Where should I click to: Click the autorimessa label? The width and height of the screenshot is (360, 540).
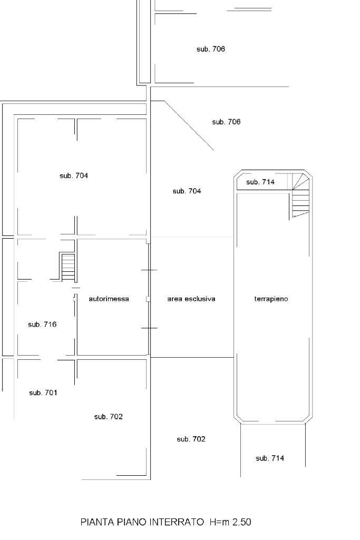(109, 299)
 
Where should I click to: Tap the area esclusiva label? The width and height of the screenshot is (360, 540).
(191, 299)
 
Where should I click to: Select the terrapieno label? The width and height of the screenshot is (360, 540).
(271, 299)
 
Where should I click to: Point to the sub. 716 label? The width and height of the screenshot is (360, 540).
(42, 325)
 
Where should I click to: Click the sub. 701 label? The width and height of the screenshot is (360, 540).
(43, 392)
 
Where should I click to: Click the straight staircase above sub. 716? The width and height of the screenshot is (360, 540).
(68, 267)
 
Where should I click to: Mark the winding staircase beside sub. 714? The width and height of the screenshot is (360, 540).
(301, 195)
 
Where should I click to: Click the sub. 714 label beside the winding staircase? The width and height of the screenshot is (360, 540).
(260, 182)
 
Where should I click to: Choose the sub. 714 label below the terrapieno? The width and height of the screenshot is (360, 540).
(270, 458)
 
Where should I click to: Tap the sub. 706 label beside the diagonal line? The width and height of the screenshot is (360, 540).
(226, 122)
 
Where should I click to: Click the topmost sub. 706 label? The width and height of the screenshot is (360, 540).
(211, 49)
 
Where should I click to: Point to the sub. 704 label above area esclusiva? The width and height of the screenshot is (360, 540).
(187, 191)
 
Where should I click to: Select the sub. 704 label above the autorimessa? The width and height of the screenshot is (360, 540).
(74, 175)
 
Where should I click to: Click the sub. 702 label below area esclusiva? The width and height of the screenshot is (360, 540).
(191, 439)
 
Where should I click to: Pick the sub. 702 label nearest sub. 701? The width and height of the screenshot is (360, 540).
(109, 417)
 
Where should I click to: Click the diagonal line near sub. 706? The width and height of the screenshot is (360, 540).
(189, 126)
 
